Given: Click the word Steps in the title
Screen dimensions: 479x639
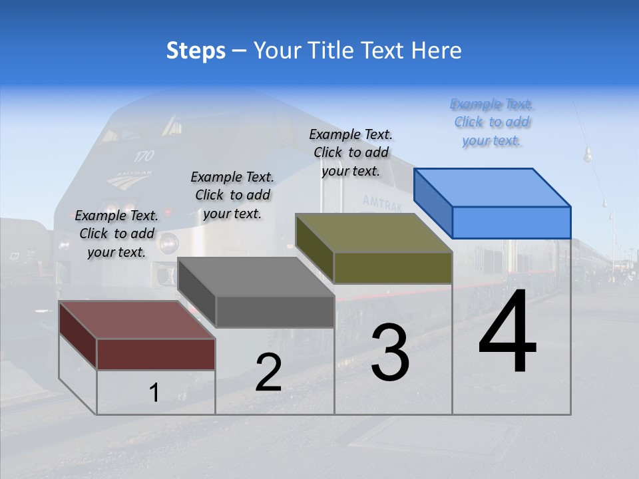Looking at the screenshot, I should (x=196, y=51).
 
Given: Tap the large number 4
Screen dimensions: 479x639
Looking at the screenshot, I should (x=507, y=333).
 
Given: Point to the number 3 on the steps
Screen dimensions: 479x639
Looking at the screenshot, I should (x=390, y=353).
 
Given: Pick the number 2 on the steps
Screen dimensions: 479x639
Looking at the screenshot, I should (x=268, y=373).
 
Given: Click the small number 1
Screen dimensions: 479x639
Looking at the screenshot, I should (x=154, y=393).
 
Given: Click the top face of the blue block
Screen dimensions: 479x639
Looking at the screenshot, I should (x=492, y=187).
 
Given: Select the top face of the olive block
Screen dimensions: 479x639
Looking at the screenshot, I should (x=373, y=233).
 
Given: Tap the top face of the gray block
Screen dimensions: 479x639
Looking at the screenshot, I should (x=256, y=277).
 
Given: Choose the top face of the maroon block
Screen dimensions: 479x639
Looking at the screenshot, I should (x=137, y=320).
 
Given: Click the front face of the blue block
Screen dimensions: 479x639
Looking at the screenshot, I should (x=511, y=222).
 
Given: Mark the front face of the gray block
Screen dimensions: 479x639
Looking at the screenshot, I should (x=275, y=312).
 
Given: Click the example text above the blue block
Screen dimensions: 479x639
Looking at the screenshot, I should (x=492, y=122).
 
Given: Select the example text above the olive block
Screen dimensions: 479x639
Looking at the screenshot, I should (x=351, y=152).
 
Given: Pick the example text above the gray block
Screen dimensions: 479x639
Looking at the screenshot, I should (x=232, y=195).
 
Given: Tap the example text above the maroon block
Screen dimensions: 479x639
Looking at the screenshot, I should (x=116, y=234).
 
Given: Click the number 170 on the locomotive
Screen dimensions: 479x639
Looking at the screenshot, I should (x=144, y=156).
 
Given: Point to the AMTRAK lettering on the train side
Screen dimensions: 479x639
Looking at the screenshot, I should (x=382, y=203).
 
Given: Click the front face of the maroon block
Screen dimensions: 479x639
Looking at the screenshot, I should (x=156, y=354).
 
